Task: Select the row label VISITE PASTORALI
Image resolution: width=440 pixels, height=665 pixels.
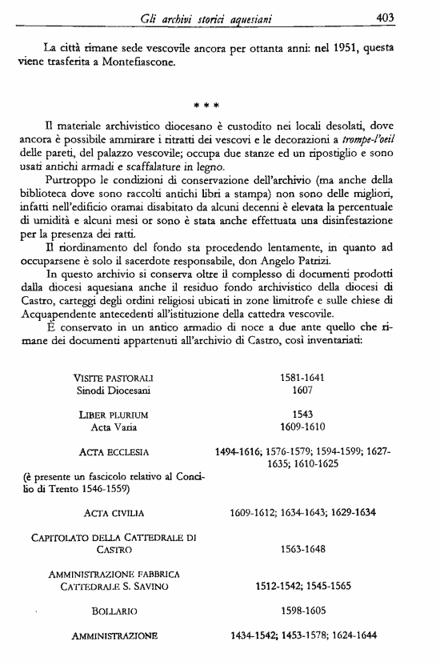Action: click(113, 377)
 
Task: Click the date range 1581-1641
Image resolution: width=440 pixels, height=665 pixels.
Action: click(302, 377)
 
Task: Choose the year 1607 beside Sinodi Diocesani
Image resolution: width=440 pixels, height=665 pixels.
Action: click(302, 391)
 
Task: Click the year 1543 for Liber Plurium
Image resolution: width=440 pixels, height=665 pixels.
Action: click(302, 415)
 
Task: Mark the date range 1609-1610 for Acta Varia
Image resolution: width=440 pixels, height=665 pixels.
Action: click(302, 429)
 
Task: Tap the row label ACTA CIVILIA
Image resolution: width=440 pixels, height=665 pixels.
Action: click(113, 512)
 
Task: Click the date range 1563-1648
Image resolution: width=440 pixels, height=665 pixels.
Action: click(302, 551)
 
